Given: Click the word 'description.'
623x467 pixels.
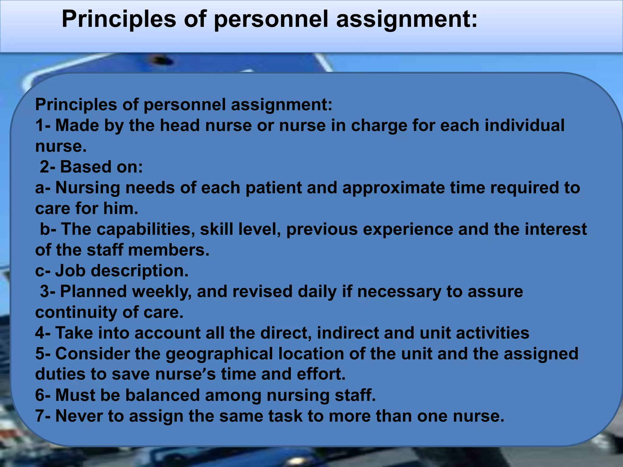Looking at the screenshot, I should point(140,271).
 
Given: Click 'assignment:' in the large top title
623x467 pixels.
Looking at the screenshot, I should point(407,19).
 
